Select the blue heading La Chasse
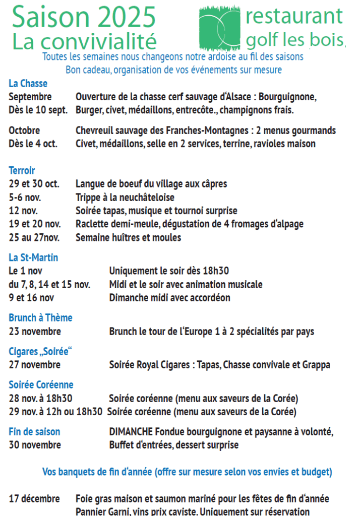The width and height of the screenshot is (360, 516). point(28,84)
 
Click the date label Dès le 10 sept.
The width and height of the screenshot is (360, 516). point(38,110)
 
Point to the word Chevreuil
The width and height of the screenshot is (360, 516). point(95,131)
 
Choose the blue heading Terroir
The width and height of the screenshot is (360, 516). point(22,171)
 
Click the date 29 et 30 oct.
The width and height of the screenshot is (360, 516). point(34,184)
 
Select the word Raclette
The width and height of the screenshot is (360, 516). point(93,224)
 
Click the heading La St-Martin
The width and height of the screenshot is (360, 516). point(33,257)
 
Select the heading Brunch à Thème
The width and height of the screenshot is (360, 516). point(40,318)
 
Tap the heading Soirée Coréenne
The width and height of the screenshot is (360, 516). point(41,385)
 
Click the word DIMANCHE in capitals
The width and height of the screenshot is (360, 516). point(131,432)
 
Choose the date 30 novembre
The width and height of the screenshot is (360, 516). point(35,445)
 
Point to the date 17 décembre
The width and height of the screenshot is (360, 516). point(34,499)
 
